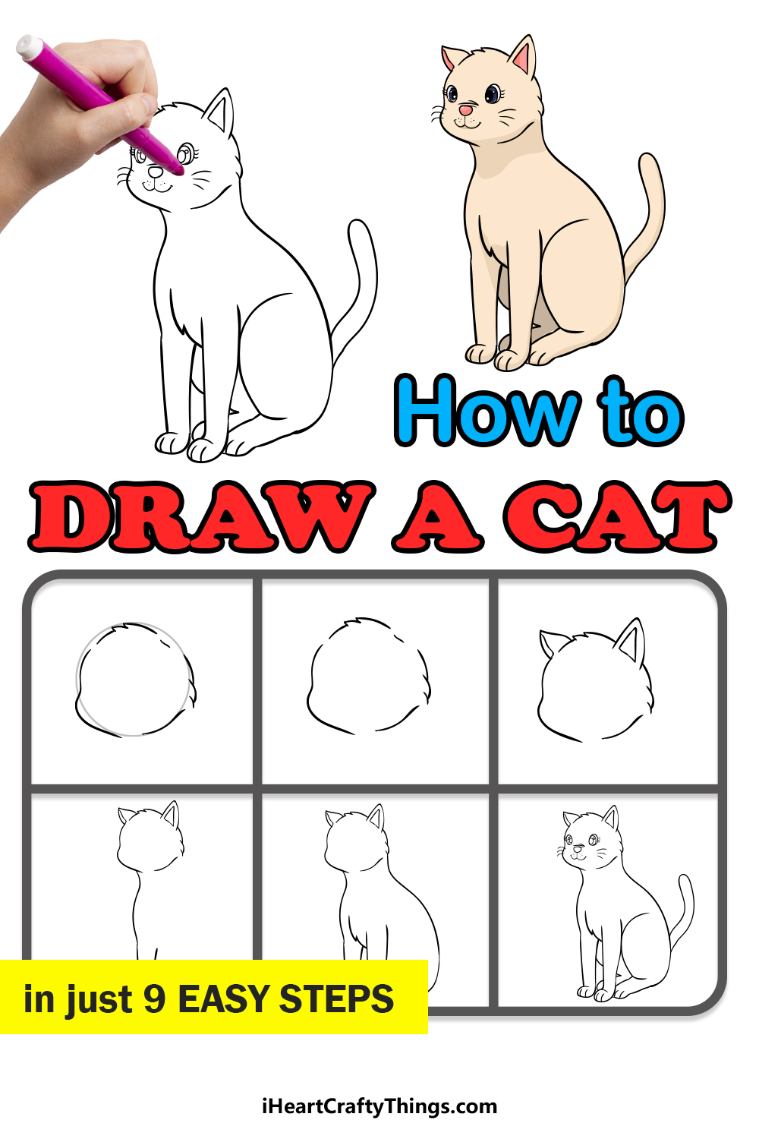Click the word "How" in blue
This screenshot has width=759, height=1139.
tap(487, 411)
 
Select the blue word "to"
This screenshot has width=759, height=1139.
tap(641, 412)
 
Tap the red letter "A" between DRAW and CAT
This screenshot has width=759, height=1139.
tap(437, 516)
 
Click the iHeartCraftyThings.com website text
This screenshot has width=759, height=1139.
tap(379, 1106)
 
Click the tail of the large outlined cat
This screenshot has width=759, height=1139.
tap(358, 285)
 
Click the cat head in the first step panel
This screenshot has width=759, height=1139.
tap(135, 680)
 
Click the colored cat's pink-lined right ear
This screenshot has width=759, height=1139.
tap(524, 56)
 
